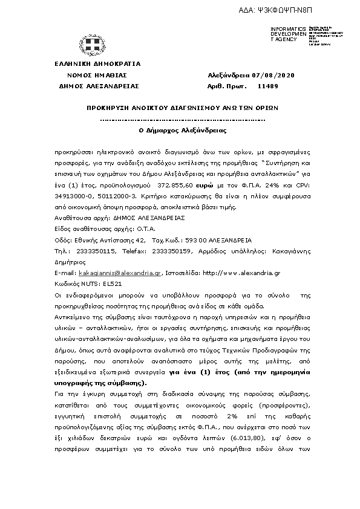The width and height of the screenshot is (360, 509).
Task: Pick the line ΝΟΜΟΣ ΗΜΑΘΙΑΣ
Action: pyautogui.click(x=97, y=75)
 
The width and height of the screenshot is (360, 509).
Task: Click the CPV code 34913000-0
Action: pyautogui.click(x=74, y=197)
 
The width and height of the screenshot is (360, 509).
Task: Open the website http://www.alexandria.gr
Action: pyautogui.click(x=242, y=273)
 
